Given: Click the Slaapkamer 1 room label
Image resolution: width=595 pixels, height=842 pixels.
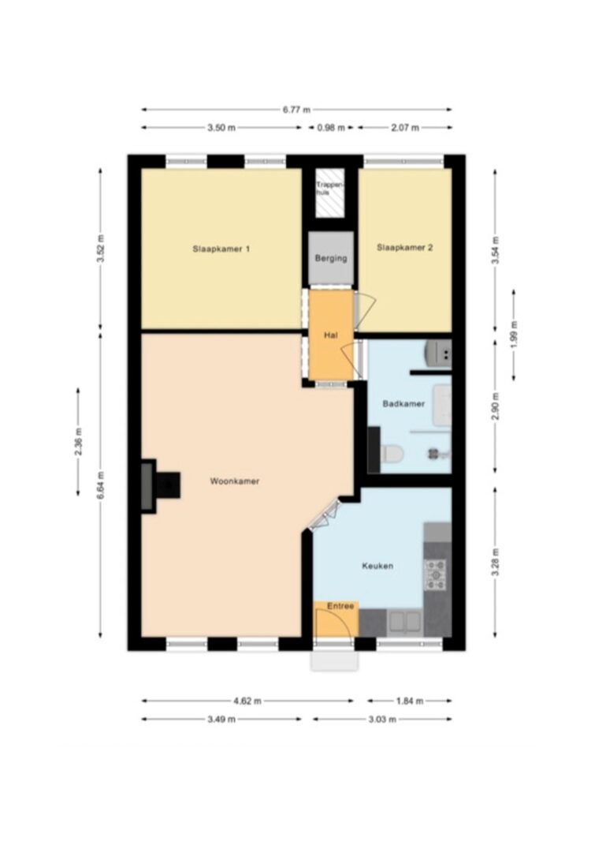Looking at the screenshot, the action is point(221,249).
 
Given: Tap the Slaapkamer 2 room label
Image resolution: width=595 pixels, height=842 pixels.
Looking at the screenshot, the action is point(405,248).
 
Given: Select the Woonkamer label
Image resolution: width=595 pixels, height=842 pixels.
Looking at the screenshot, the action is point(234,481).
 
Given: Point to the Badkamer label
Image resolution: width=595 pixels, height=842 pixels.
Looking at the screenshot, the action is point(403,404).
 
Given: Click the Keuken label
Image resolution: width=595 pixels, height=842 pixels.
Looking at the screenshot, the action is point(377,566).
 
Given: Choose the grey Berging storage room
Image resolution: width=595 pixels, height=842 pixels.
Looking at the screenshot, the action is point(331,258).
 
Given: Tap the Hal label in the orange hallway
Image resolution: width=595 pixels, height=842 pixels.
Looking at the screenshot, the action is point(331,335).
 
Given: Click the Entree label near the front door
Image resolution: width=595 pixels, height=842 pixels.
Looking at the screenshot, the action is point(340,606).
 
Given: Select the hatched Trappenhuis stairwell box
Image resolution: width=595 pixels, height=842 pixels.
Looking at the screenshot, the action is point(329,193).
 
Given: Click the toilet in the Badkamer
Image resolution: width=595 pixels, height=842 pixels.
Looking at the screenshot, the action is point(392,453).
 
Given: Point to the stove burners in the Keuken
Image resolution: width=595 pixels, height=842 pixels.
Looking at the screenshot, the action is point(435,575).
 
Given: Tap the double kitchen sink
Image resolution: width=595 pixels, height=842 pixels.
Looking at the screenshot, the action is point(405,621).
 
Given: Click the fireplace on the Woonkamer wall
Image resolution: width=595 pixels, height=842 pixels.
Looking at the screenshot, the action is point(160,486).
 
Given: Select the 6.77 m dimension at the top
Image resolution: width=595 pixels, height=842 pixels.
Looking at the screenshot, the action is point(296,110).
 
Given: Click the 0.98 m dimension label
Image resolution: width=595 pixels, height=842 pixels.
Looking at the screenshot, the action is point(331,128).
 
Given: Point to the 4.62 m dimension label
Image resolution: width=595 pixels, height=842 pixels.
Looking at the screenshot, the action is point(247,702).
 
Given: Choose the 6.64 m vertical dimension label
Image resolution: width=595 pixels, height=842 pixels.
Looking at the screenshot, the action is point(101,485).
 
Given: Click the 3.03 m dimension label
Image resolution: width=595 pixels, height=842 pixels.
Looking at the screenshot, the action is point(381,720).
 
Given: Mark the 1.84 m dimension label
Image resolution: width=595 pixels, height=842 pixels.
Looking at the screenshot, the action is point(410,702).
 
